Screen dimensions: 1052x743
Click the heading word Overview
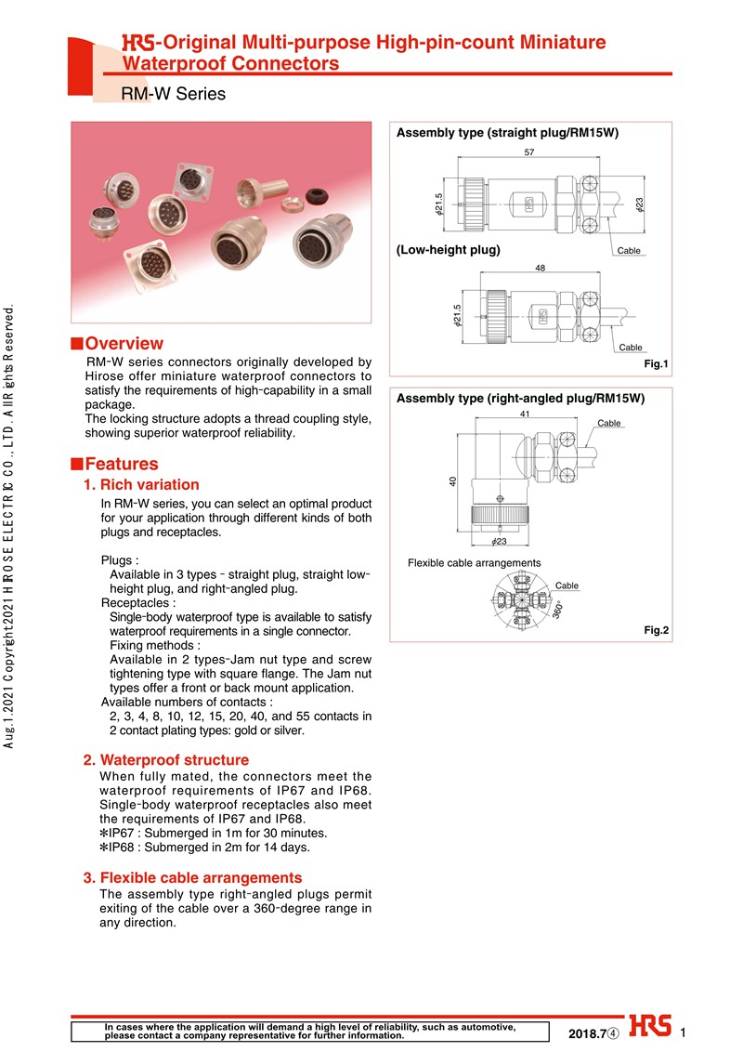(x=124, y=344)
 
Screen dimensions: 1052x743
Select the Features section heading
(x=121, y=464)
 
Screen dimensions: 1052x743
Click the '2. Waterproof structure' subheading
(x=166, y=759)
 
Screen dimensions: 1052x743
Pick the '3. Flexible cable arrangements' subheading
(x=192, y=877)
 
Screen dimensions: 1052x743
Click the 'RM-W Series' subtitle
(x=173, y=94)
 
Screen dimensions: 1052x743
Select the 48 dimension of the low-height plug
(x=540, y=268)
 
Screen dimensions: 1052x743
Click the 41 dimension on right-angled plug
(x=525, y=414)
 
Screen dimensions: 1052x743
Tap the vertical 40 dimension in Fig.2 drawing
(x=452, y=481)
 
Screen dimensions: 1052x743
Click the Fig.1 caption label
(x=656, y=363)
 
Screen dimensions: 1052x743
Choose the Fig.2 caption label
(x=656, y=630)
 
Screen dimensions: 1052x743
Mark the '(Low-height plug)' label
(x=449, y=250)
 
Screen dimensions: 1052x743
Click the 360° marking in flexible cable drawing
(x=558, y=610)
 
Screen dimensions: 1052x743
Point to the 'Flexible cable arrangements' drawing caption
(x=474, y=563)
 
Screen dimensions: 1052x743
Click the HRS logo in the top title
(x=137, y=43)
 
